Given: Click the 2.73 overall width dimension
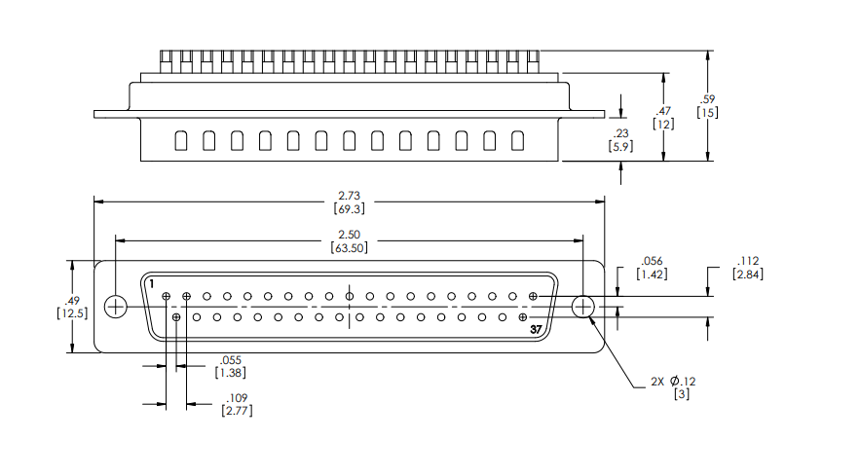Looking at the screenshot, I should [x=350, y=196].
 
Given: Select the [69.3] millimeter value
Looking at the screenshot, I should [x=350, y=208].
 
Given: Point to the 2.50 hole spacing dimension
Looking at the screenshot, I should [x=350, y=235].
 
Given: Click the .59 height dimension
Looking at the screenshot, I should [x=708, y=98].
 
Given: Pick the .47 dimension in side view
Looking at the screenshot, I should [x=664, y=111].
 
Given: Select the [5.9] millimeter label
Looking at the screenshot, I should [x=620, y=146].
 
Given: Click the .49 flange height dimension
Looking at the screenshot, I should [x=71, y=299].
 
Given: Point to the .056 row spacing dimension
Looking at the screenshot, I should [x=651, y=261].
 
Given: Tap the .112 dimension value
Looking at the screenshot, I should [x=748, y=261].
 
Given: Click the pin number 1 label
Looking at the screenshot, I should [x=152, y=283].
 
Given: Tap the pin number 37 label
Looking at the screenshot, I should [x=536, y=331].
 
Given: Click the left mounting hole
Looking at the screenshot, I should [x=115, y=307].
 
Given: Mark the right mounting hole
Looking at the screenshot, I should [x=583, y=307].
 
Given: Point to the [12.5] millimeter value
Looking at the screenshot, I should [x=73, y=312].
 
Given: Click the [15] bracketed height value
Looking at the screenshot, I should [x=708, y=112].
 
